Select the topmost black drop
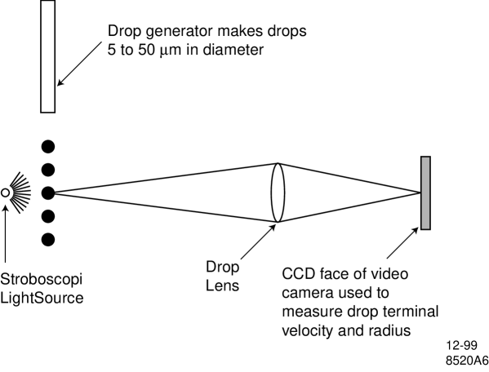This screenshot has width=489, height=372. click(48, 147)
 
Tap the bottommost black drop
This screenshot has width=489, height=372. click(48, 240)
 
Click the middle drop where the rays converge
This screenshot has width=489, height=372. click(48, 193)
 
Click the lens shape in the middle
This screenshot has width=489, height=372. click(278, 192)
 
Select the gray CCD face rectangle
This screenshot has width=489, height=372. click(425, 193)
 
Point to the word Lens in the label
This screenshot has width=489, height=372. click(221, 286)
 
